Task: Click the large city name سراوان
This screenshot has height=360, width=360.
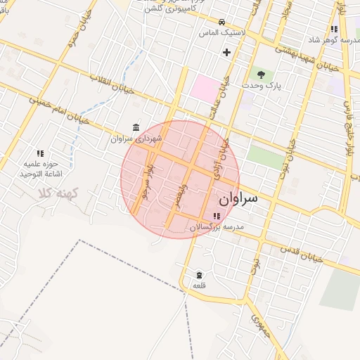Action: pyautogui.click(x=238, y=198)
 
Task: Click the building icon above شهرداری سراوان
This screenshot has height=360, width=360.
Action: pyautogui.click(x=136, y=127)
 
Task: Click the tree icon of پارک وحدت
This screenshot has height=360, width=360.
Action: pyautogui.click(x=261, y=73)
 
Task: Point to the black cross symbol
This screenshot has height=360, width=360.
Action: pyautogui.click(x=226, y=51)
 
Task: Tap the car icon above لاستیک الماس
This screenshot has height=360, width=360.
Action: pyautogui.click(x=221, y=21)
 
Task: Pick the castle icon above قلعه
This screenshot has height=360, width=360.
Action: pyautogui.click(x=199, y=275)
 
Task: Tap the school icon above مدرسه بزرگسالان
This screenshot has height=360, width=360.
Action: pyautogui.click(x=216, y=216)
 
